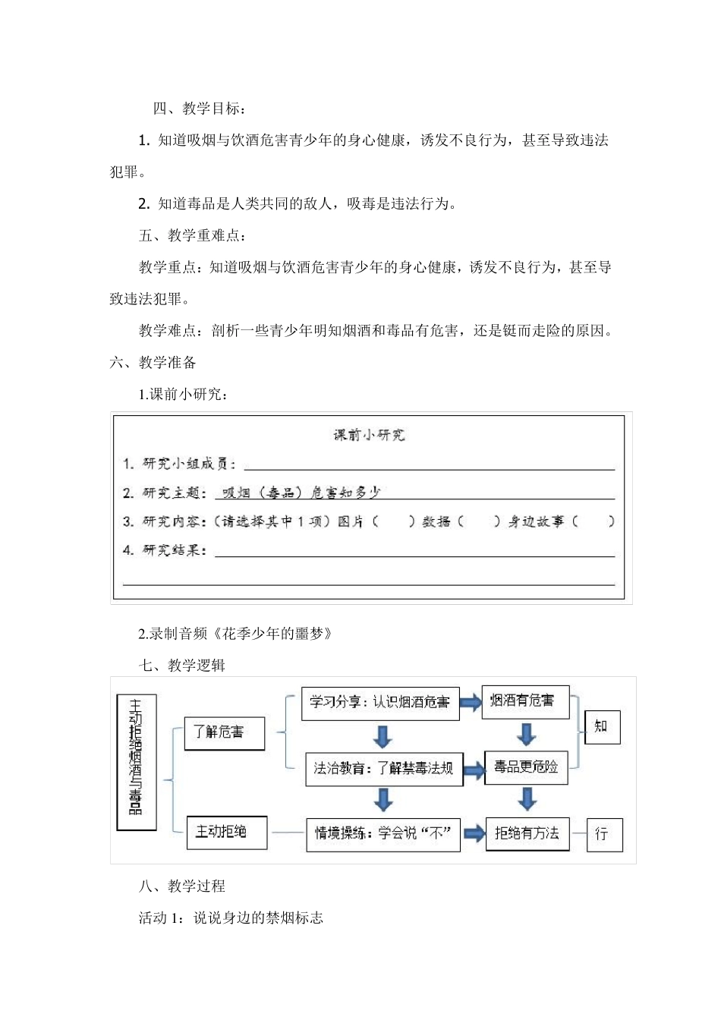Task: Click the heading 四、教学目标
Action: pyautogui.click(x=199, y=109)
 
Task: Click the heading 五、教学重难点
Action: pyautogui.click(x=192, y=235)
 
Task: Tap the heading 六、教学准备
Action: pyautogui.click(x=153, y=363)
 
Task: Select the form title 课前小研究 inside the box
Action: pyautogui.click(x=370, y=435)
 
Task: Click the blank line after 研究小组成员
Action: pyautogui.click(x=429, y=464)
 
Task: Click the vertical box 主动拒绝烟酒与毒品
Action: pyautogui.click(x=137, y=761)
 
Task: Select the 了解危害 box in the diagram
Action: pyautogui.click(x=225, y=732)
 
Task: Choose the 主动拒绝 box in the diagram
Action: pyautogui.click(x=227, y=833)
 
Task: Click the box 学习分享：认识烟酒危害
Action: pyautogui.click(x=380, y=703)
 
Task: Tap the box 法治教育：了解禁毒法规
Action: pyautogui.click(x=384, y=769)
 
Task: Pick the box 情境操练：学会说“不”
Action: pyautogui.click(x=383, y=834)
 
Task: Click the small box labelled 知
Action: pyautogui.click(x=602, y=727)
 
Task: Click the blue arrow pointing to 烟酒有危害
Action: pyautogui.click(x=471, y=703)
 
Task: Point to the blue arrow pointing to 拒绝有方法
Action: pyautogui.click(x=474, y=834)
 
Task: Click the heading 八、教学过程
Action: pyautogui.click(x=182, y=886)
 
